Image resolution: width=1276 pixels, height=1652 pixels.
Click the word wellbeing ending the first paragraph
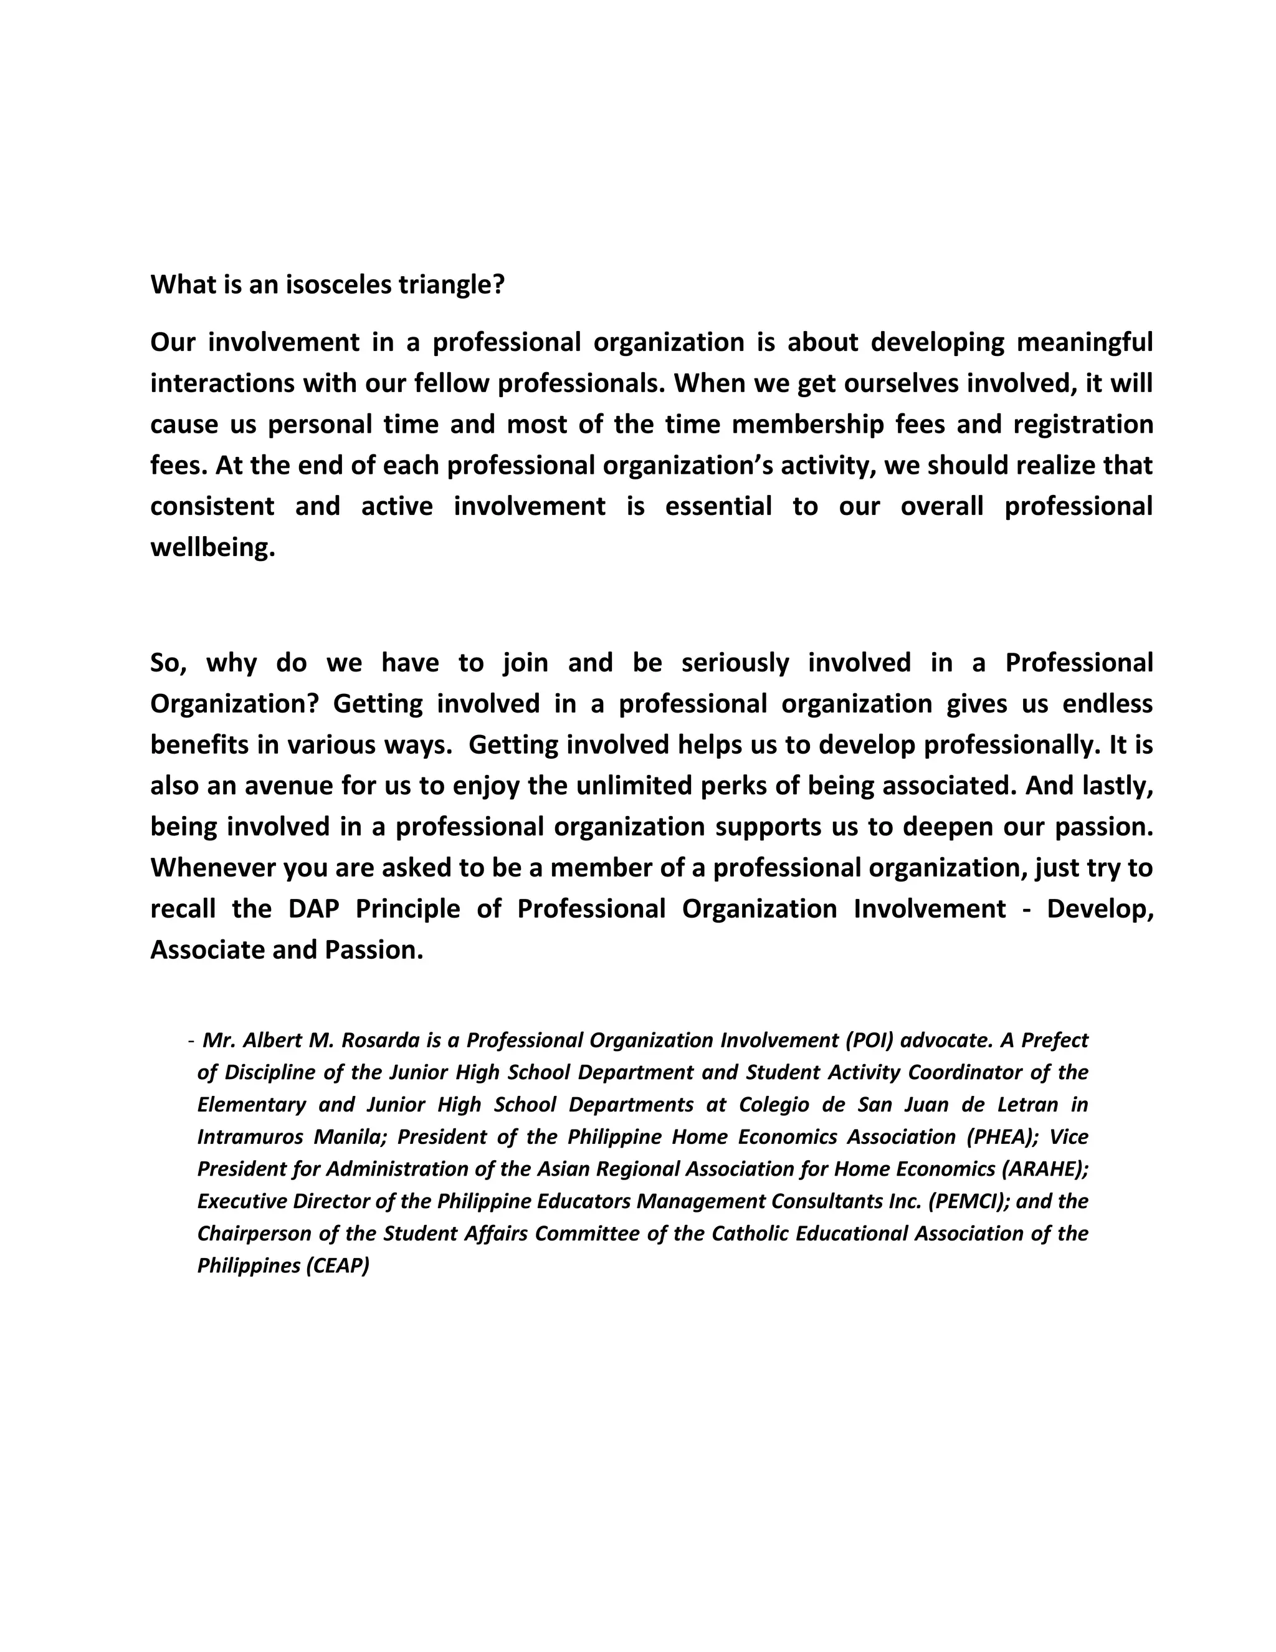pos(212,547)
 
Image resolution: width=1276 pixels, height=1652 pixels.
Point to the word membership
pos(807,425)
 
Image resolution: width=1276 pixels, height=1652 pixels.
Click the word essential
pos(718,506)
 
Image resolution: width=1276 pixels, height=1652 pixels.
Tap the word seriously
pos(735,663)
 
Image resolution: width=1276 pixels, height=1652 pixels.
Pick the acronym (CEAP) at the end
pos(337,1265)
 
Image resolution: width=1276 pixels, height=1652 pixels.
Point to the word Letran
pos(1027,1105)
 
